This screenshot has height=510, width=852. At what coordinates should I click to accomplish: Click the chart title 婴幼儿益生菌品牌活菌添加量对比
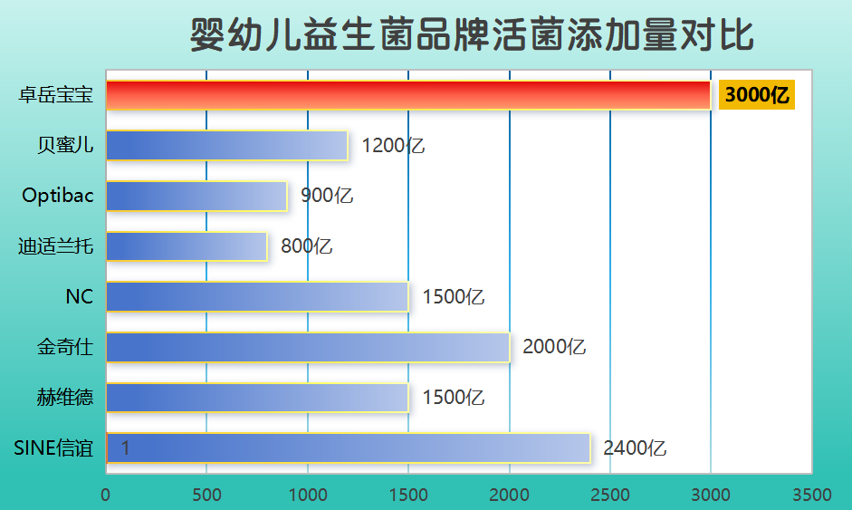tap(472, 36)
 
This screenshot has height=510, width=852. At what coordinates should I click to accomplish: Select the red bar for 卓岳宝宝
tap(407, 95)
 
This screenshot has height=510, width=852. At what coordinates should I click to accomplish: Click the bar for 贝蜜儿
tap(226, 145)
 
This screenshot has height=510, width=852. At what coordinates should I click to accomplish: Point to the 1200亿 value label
tap(393, 145)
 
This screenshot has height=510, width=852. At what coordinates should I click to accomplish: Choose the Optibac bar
tap(196, 196)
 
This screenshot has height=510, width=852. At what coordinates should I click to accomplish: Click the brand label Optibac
tap(58, 196)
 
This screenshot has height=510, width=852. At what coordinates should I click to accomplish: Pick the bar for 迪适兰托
tap(187, 246)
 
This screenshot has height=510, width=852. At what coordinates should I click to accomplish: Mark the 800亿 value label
tap(307, 246)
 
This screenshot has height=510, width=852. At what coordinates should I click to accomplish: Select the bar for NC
tap(257, 297)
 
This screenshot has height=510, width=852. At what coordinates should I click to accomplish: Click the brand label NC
tap(80, 297)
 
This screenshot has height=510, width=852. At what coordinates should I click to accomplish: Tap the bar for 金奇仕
tap(308, 347)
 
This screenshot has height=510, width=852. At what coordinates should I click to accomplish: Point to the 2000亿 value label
tap(555, 347)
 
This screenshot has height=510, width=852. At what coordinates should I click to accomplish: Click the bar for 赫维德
tap(257, 398)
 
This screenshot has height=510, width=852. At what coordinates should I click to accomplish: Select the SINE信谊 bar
tap(349, 447)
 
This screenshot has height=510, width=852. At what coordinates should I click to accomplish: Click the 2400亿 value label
tap(635, 447)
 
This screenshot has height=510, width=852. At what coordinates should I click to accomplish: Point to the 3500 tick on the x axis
tap(811, 495)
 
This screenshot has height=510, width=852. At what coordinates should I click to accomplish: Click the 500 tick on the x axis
tap(206, 495)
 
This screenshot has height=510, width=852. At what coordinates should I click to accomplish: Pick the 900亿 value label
tap(327, 196)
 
